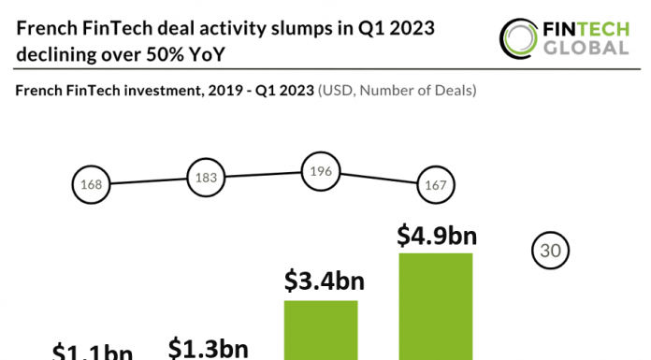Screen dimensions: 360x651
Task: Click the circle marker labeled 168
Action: click(91, 184)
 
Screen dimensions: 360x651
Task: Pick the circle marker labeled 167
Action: click(435, 183)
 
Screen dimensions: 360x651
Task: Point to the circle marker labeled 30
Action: click(551, 251)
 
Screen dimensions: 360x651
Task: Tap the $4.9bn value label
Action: click(436, 235)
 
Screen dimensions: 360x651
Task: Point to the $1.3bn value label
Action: click(208, 348)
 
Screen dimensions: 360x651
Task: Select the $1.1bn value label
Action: click(92, 353)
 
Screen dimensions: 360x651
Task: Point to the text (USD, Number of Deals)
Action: click(398, 91)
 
